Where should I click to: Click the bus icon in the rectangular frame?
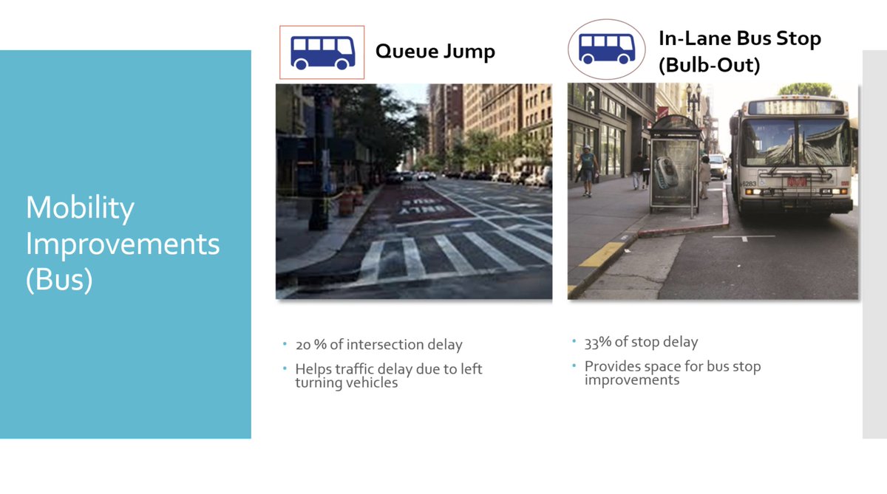[322, 52]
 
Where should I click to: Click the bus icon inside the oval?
[606, 49]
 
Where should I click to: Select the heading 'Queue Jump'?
[435, 52]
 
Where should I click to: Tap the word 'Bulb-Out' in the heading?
[709, 65]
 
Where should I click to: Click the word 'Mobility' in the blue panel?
[80, 208]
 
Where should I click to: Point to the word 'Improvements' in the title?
[123, 244]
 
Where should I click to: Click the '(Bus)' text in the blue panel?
[59, 280]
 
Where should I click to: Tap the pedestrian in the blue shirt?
[587, 168]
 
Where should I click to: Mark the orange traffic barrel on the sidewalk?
[346, 202]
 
